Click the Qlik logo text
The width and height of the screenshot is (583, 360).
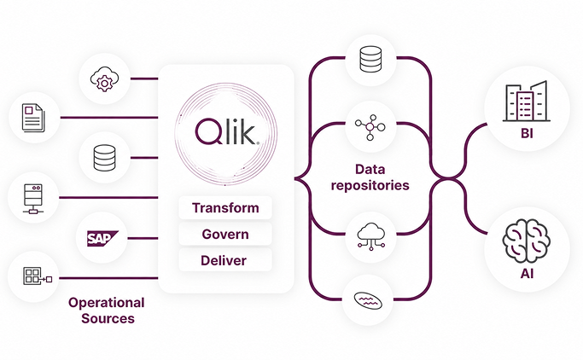click(x=227, y=131)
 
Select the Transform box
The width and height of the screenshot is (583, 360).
click(x=225, y=207)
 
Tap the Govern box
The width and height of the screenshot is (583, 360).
click(x=225, y=234)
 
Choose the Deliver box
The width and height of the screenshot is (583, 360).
click(x=225, y=260)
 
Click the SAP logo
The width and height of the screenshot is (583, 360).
click(x=102, y=238)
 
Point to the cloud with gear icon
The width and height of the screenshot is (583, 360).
click(x=104, y=78)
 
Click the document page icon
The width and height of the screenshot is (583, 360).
click(x=33, y=118)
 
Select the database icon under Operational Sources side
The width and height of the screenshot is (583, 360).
click(x=104, y=158)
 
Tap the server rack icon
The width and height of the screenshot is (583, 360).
click(x=33, y=199)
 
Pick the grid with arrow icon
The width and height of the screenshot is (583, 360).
click(x=38, y=276)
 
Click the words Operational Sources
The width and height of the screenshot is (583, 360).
click(x=107, y=311)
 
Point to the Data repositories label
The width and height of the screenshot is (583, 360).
click(x=370, y=177)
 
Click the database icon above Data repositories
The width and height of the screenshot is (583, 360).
click(x=370, y=59)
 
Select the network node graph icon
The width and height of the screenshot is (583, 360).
click(x=370, y=127)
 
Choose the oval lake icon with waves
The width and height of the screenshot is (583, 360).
click(x=368, y=301)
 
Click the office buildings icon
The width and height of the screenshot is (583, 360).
click(x=527, y=101)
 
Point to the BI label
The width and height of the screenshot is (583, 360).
click(x=527, y=133)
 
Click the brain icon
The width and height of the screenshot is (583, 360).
click(x=526, y=241)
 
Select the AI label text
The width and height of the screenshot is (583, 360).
click(x=527, y=274)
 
